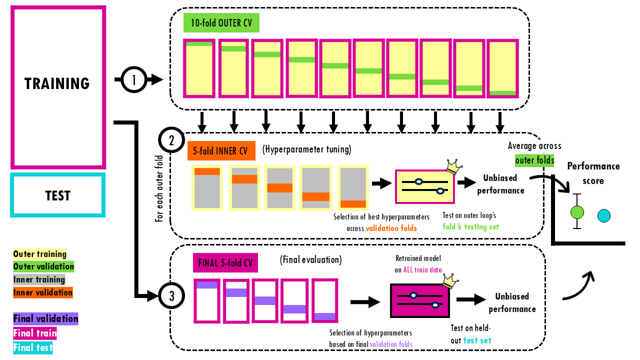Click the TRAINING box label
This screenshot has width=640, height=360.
(57, 83)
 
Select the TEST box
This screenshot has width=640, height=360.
(58, 195)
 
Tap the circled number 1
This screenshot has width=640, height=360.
(133, 79)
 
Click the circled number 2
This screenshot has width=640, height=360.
(171, 140)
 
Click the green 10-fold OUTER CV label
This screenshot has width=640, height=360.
(221, 23)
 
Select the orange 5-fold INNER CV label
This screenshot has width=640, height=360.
(221, 150)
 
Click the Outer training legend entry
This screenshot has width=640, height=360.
(40, 254)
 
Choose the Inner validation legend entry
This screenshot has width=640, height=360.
(43, 292)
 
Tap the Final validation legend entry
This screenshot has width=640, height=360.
(46, 318)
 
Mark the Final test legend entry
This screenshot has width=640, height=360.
(33, 347)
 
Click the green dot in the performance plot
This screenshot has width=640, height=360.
(577, 212)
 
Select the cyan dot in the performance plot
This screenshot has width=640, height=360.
(604, 215)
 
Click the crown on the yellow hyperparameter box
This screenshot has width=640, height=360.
(453, 167)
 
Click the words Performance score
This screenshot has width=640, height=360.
(593, 173)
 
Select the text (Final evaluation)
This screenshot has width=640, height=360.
(310, 260)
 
